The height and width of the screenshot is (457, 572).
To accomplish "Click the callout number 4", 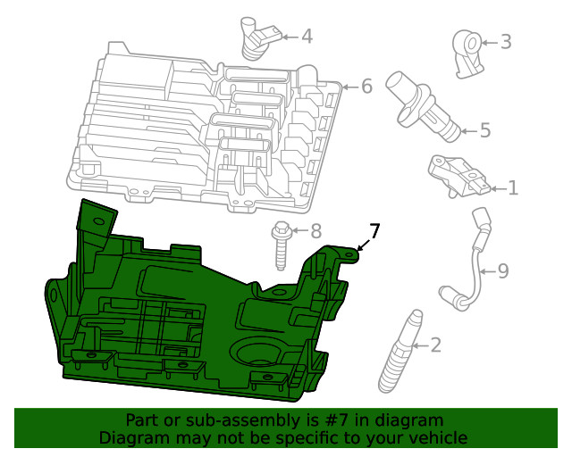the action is coord(307,37).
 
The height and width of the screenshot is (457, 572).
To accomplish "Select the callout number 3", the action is coord(506,42).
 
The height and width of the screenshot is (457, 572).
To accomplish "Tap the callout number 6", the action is coord(366,87).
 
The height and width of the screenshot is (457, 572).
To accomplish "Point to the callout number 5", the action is coord(485,130).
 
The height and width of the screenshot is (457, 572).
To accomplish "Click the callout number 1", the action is coord(513,188).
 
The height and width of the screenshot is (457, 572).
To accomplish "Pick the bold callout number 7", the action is coord(374,230).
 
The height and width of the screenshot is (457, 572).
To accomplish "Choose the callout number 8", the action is coord(315,231).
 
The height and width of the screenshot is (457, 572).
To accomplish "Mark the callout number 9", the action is coord(503,271).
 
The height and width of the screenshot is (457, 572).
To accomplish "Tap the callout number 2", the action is coord(435,345).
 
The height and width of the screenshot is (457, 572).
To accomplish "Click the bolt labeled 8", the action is coord(280,245).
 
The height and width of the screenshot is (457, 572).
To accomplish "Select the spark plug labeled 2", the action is coord(400,352).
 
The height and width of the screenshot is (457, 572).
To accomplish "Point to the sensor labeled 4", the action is coord(259,37).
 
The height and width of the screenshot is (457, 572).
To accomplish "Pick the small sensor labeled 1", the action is coord(458,177).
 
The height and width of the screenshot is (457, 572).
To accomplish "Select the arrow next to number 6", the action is coord(350,87).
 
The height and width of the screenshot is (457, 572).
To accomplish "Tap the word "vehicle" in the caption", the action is coord(439,437).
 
